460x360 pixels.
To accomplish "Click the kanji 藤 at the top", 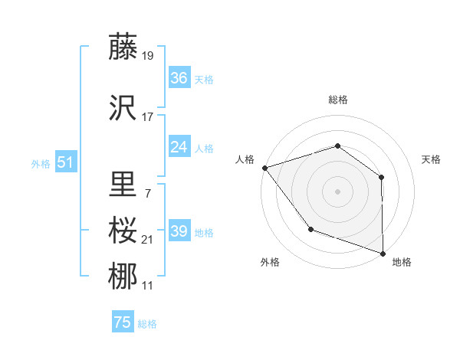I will coord(123,47).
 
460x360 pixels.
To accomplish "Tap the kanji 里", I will coord(123,184).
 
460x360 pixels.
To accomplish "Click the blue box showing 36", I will coord(179,78).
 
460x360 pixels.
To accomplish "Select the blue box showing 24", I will coord(179,147).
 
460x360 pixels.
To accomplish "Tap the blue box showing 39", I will coord(179,231).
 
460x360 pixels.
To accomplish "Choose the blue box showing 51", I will coord(65,162).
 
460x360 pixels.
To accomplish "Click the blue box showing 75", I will coord(123,322).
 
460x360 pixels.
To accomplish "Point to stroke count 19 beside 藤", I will coord(148,55).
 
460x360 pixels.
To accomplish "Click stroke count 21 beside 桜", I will coord(148,240).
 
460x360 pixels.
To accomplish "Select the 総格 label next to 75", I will coord(147,324).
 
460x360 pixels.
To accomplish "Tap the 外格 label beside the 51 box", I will coord(41,164).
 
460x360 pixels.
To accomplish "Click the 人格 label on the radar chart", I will coord(245,159).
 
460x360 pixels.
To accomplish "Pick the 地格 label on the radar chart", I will coord(402,263).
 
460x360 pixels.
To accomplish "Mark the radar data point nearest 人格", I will coord(264,167).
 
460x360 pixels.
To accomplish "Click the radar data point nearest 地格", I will coord(383,253).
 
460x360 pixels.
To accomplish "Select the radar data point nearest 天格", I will coord(381,177).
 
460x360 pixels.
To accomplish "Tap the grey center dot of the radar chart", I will coord(337,191).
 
